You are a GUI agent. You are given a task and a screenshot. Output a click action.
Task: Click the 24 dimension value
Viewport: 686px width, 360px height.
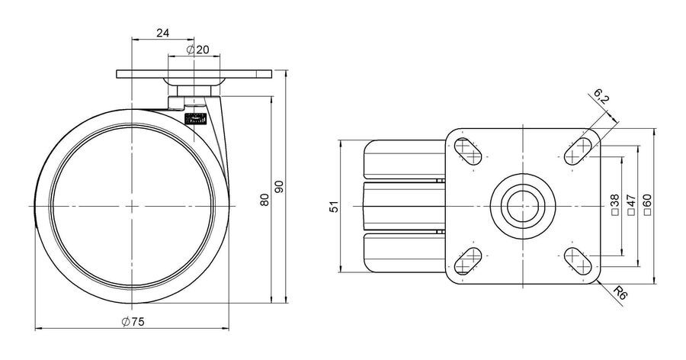tap(163, 34)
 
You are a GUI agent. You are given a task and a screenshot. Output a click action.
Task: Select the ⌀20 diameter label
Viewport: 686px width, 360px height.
tap(197, 50)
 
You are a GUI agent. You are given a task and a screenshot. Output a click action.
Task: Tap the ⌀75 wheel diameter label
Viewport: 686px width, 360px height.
tap(133, 322)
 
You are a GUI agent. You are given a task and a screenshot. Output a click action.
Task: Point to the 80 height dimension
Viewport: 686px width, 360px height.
tap(264, 200)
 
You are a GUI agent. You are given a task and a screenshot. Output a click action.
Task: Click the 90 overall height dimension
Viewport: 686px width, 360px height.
tap(280, 187)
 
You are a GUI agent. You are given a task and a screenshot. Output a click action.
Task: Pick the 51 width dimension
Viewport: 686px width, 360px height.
tap(335, 207)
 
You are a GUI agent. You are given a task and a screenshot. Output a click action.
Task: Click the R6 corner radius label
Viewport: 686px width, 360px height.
tap(620, 293)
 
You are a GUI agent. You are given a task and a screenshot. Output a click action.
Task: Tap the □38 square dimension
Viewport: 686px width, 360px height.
tap(614, 205)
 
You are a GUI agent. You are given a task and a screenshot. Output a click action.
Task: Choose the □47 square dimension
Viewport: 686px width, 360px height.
tap(631, 205)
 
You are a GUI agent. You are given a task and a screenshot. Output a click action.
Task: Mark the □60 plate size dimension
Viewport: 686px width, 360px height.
tap(648, 205)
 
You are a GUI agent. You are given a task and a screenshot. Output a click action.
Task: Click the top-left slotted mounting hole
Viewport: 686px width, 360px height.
tap(469, 151)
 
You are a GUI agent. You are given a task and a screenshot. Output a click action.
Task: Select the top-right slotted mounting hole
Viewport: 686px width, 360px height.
tap(578, 151)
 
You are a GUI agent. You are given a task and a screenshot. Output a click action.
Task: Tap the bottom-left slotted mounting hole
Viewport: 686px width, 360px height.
tap(469, 261)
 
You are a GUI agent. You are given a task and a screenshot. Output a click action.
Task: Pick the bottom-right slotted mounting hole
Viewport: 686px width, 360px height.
tap(578, 261)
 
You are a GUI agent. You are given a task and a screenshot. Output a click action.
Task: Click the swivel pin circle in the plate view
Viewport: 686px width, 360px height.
tap(523, 206)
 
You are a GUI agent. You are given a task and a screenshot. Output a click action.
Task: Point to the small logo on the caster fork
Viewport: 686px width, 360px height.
tap(196, 120)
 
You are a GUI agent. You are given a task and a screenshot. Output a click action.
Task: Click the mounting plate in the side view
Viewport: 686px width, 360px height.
tap(194, 74)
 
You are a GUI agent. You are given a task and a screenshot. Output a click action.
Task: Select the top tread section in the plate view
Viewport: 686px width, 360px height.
tap(406, 160)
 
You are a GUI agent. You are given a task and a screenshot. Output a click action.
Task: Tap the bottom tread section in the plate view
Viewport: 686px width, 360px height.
tap(406, 253)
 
